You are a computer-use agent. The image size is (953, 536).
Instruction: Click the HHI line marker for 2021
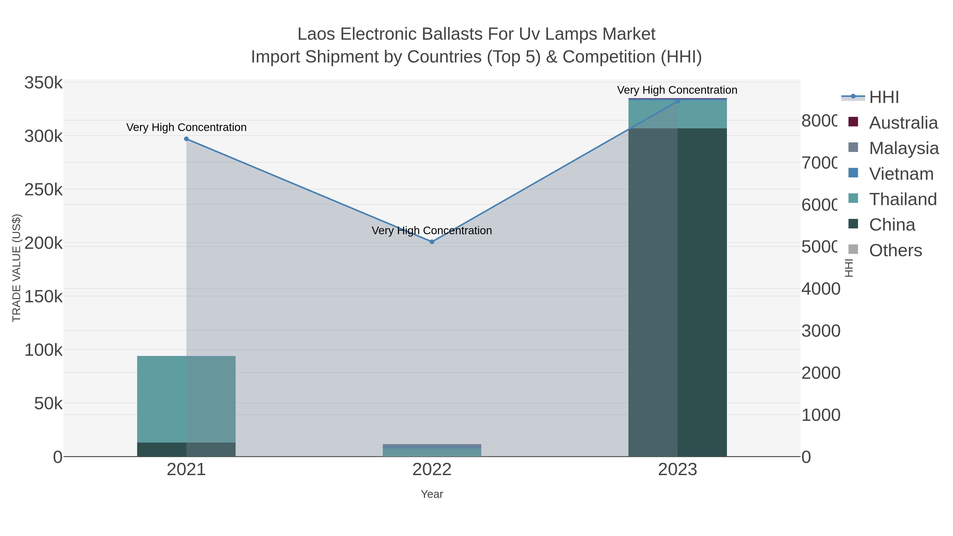(186, 139)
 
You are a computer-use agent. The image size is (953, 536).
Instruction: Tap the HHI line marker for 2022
(432, 242)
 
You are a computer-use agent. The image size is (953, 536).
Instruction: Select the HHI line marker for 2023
(678, 101)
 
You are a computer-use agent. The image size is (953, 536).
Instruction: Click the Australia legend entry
(903, 123)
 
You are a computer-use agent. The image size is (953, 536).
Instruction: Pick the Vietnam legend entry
(901, 174)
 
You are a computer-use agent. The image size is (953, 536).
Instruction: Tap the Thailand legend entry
(903, 199)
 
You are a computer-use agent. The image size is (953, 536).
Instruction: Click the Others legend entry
(895, 250)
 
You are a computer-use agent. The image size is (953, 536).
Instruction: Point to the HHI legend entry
(884, 97)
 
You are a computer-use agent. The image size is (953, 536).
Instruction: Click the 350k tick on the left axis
(43, 83)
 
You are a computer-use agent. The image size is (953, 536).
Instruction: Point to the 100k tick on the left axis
(43, 350)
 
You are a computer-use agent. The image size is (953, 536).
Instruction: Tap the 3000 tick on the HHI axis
(821, 331)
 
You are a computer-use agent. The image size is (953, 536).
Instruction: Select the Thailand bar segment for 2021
(186, 399)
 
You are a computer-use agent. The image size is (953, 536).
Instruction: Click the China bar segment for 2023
(678, 292)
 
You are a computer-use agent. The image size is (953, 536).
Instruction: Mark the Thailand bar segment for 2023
(678, 115)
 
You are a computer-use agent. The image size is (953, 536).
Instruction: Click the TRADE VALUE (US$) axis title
(17, 268)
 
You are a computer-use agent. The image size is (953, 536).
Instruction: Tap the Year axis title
(432, 494)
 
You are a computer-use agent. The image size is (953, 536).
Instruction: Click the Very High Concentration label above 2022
(432, 231)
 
